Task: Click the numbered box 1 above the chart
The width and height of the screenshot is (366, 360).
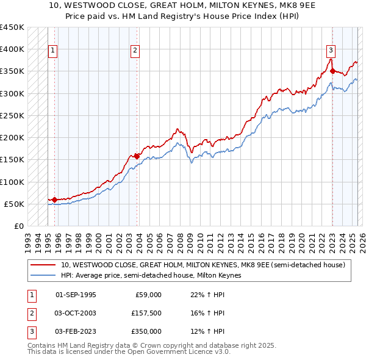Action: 53,51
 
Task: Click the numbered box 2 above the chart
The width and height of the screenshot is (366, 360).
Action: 135,51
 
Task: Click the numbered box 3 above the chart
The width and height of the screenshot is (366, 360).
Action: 330,51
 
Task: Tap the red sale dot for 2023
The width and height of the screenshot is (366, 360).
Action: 332,71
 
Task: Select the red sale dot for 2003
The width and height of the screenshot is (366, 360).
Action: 137,156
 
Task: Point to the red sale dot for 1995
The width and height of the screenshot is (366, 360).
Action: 54,200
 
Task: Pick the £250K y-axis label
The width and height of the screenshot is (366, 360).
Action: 12,115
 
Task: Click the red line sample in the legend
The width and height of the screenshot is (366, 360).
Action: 44,265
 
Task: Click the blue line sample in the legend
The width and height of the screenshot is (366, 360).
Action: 44,275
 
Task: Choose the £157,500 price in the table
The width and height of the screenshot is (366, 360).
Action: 146,313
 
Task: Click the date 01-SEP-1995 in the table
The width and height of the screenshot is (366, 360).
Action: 76,295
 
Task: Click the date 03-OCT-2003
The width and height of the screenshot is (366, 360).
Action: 76,313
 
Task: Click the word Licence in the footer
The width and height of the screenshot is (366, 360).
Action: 192,352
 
